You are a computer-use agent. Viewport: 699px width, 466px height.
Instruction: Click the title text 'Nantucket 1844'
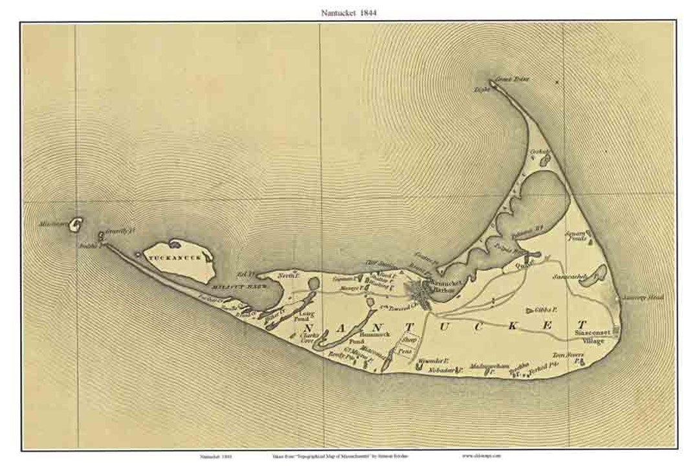pos(349,12)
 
